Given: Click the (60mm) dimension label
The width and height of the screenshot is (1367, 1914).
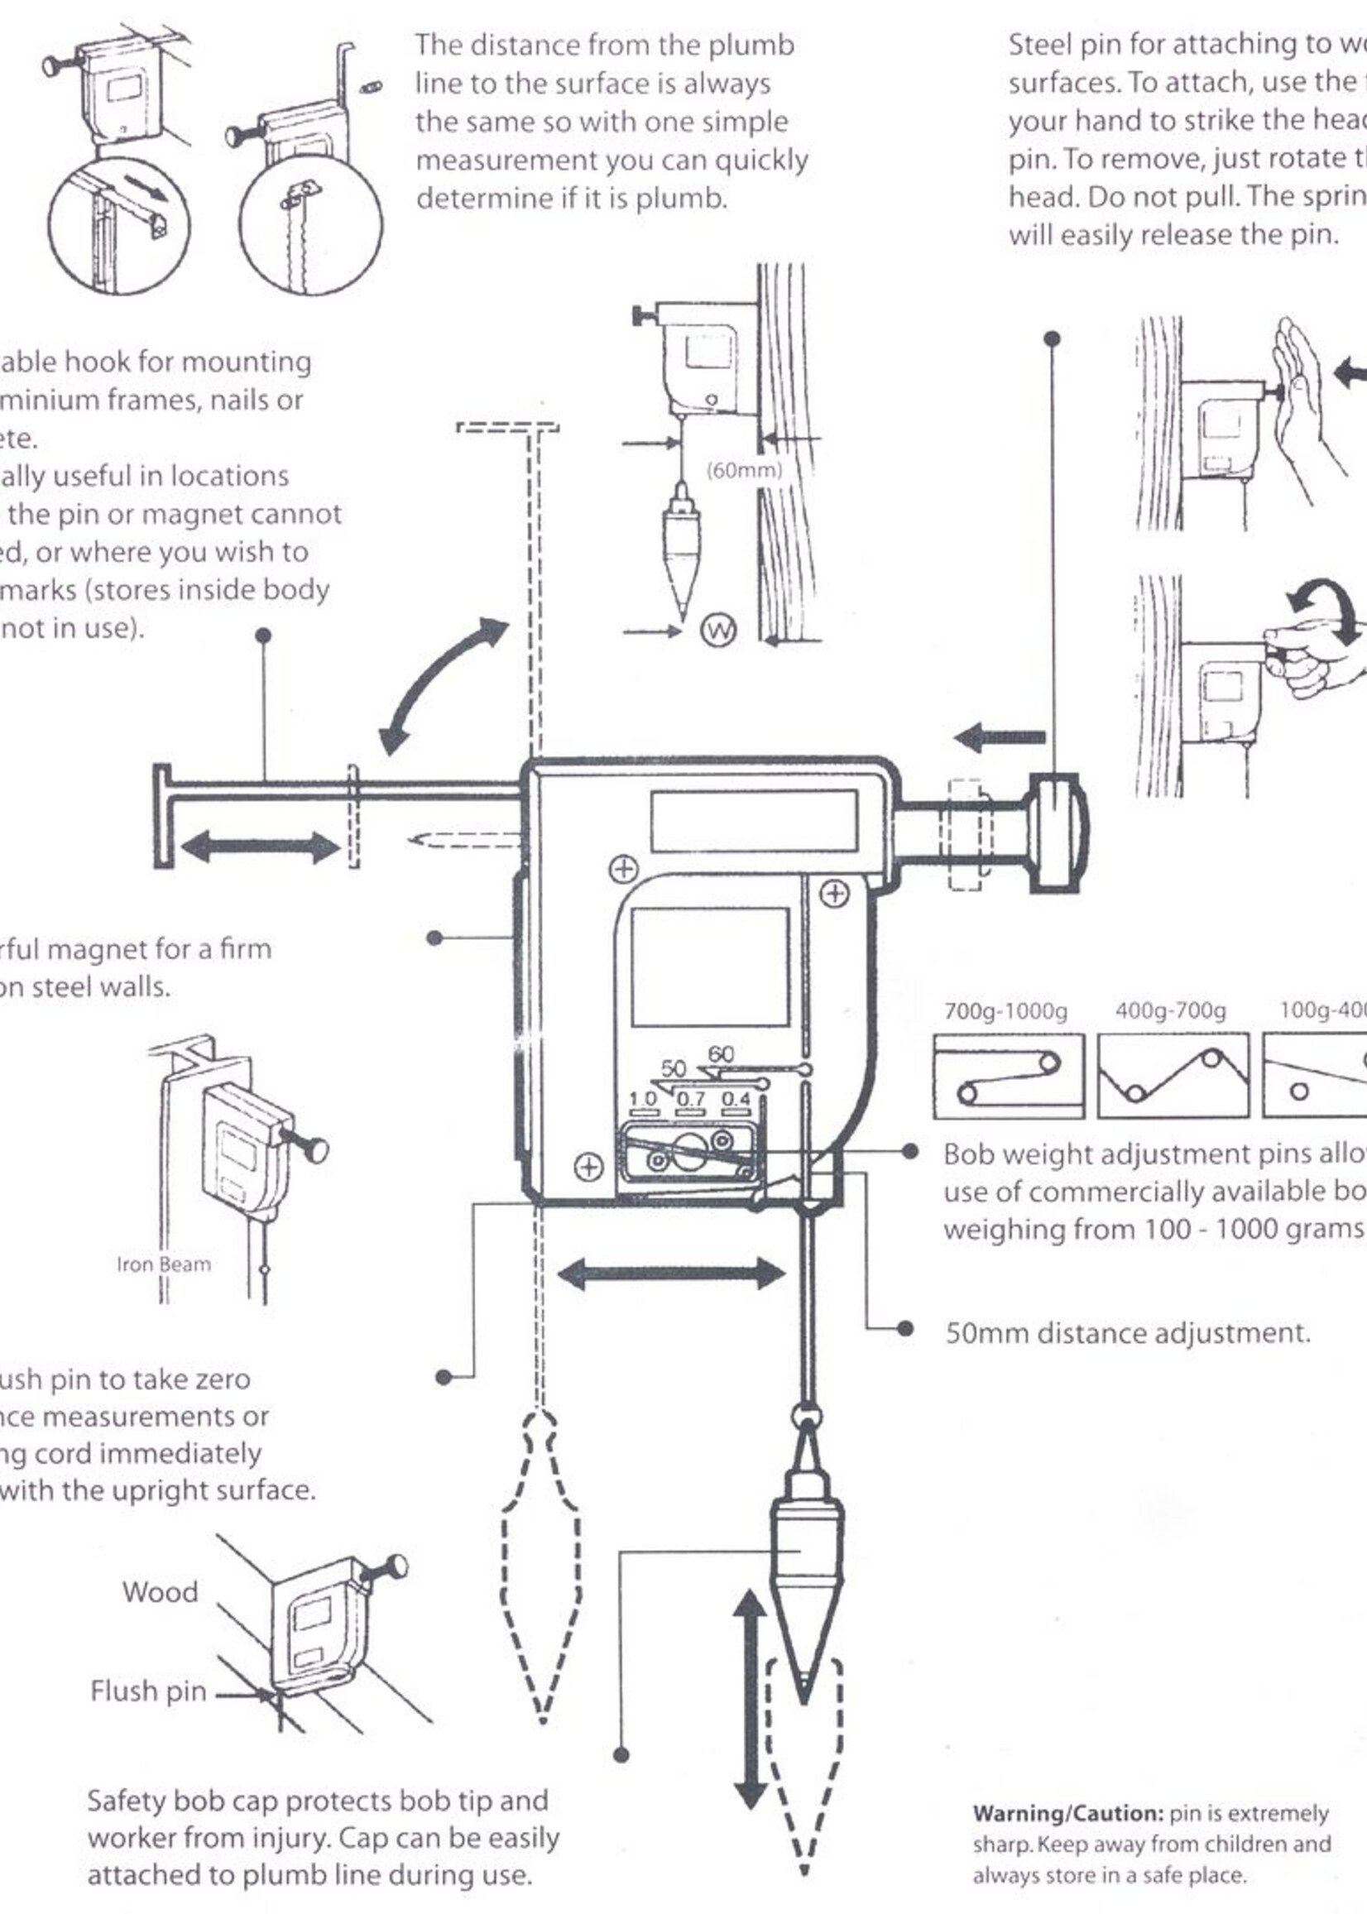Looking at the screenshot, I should tap(744, 470).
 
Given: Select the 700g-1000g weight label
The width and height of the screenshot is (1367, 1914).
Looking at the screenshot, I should tap(1005, 1010).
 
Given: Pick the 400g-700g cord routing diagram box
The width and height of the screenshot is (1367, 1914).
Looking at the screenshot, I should tap(1173, 1075).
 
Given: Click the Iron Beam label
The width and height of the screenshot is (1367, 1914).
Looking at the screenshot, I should tap(163, 1264).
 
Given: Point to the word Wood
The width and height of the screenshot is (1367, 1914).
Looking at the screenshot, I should tap(160, 1591).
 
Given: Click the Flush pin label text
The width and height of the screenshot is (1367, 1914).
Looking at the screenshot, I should tap(148, 1690).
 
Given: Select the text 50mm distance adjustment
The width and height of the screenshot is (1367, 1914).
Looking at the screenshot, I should tap(1127, 1332).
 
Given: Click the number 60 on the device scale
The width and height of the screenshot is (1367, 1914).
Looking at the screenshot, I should tap(721, 1053).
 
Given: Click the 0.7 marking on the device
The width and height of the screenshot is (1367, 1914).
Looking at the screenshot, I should tap(690, 1098).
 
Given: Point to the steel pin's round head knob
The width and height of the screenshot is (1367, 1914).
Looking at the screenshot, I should tap(1058, 832).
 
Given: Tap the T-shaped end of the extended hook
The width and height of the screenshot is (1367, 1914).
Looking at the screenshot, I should tap(162, 815).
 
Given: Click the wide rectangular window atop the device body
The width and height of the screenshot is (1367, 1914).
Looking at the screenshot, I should tap(753, 821).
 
